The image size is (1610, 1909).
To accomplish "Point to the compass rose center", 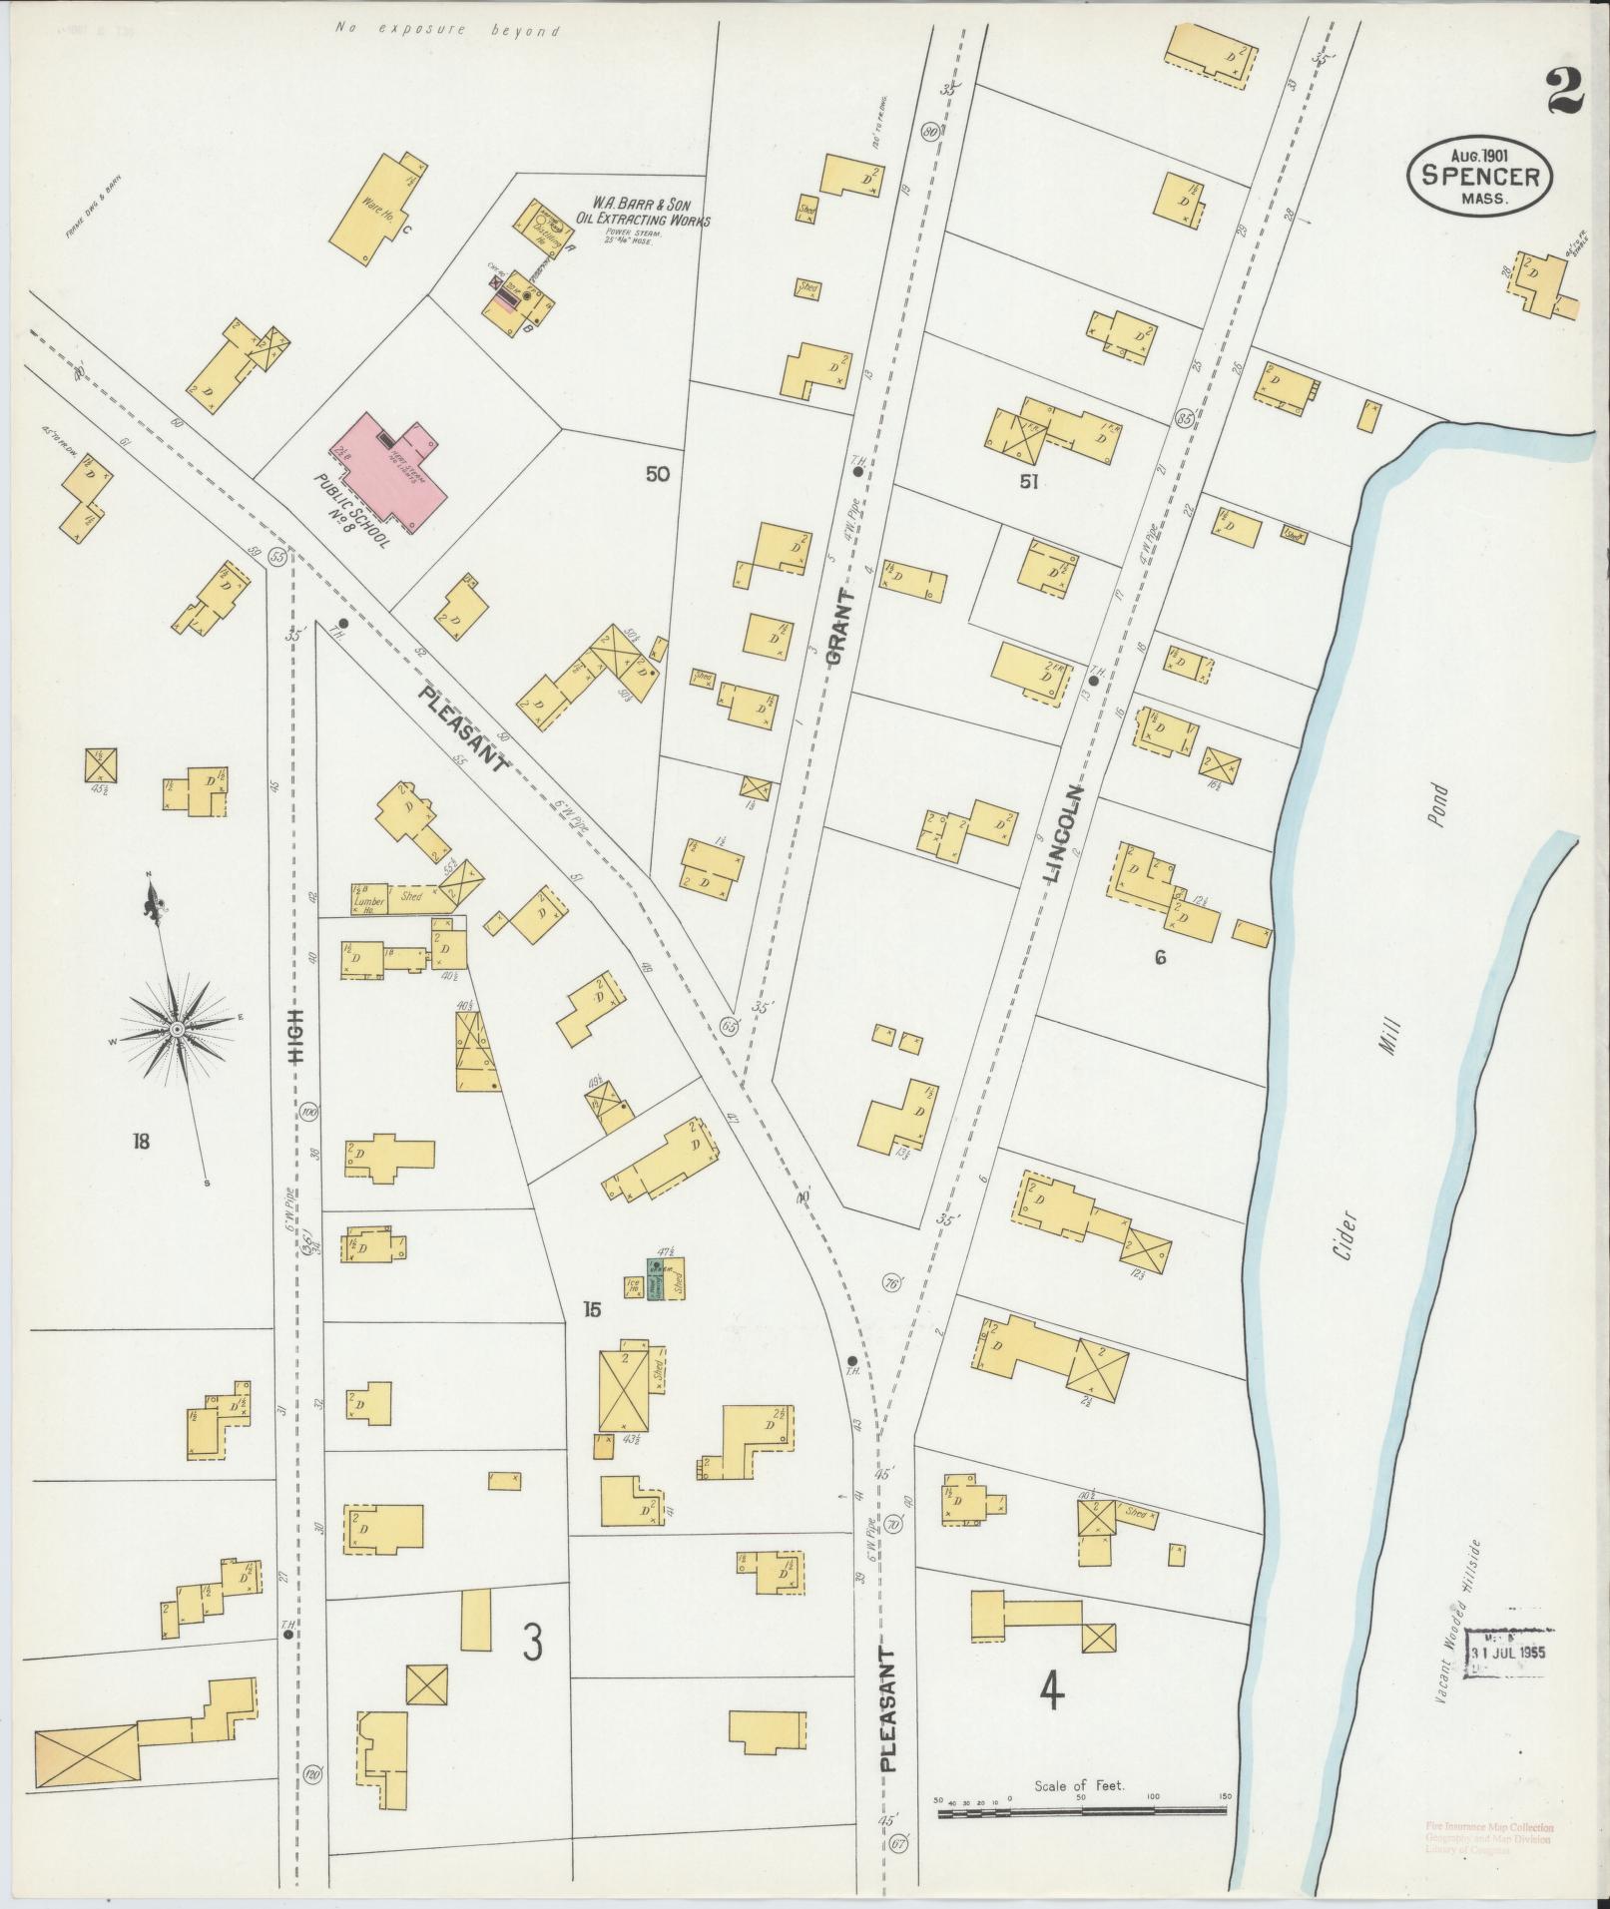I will (x=176, y=1029).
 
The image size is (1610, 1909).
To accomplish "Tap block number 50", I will (x=657, y=474).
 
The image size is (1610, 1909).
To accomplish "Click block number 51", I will (x=1030, y=483).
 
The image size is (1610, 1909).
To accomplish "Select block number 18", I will (x=140, y=1141).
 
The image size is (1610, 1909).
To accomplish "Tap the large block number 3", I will (x=533, y=1643).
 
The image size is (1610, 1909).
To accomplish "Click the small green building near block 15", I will (x=656, y=1280).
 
